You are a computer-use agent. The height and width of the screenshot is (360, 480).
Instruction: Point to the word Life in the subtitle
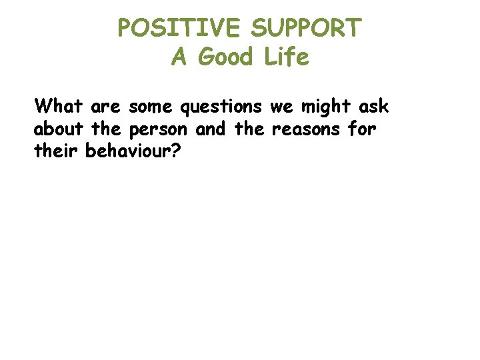click(287, 58)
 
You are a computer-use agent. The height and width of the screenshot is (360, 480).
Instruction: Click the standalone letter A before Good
click(179, 58)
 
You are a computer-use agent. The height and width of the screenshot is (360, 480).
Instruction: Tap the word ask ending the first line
click(373, 106)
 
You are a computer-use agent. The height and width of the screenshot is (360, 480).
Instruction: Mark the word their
click(57, 151)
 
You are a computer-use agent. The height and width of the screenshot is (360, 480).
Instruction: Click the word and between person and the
click(211, 129)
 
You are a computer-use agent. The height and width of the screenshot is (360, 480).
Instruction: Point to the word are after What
click(103, 107)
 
